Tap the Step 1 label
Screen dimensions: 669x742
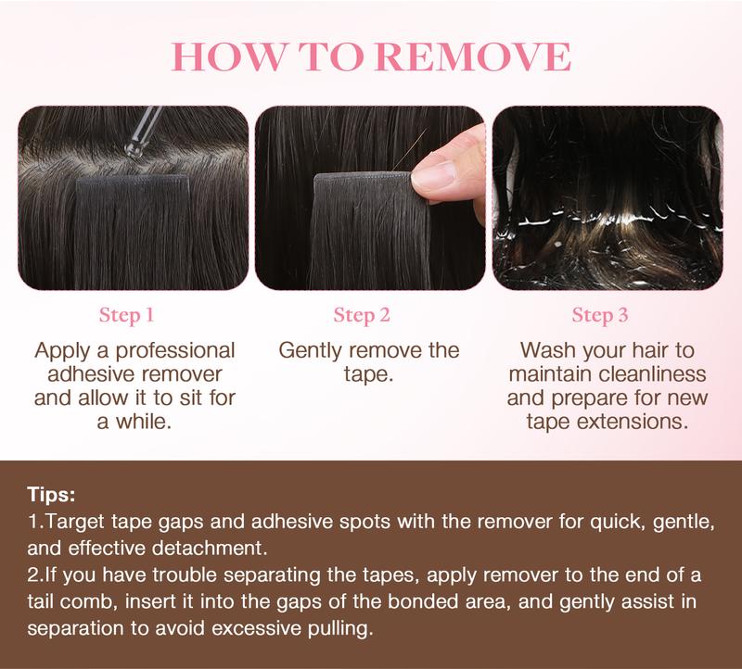(125, 315)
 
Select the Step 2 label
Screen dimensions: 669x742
(361, 315)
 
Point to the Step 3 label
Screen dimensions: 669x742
(600, 315)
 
